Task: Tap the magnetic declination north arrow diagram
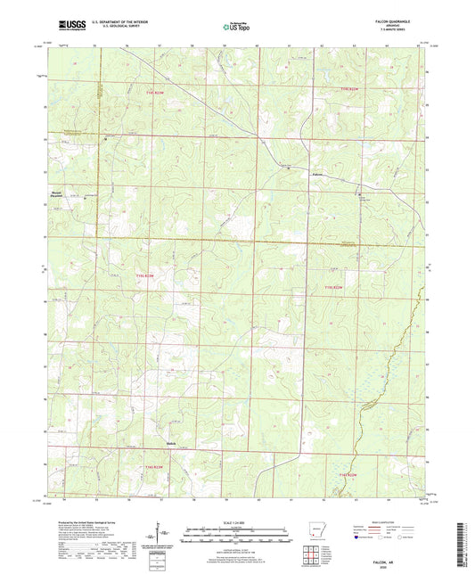[166, 536]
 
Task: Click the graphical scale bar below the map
[236, 537]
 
